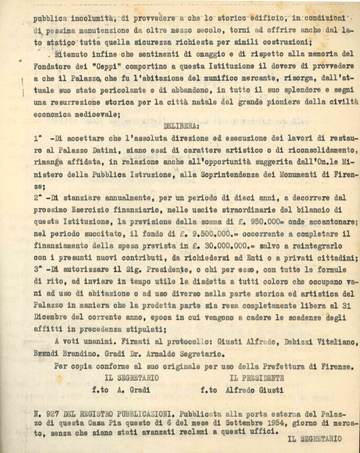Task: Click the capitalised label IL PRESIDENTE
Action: click(257, 378)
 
